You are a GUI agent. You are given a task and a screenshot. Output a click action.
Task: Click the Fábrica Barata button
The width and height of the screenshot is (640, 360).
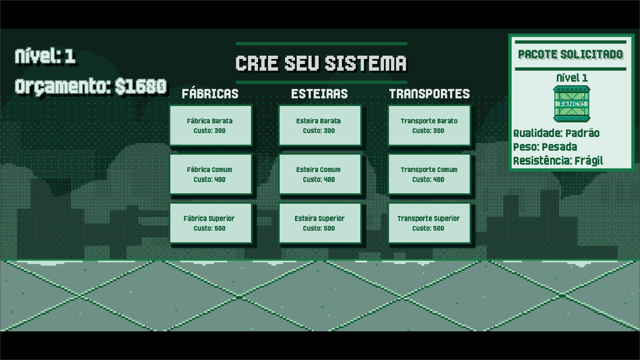[x=210, y=126]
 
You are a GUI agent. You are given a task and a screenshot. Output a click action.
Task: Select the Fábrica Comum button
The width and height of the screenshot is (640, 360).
[x=210, y=174]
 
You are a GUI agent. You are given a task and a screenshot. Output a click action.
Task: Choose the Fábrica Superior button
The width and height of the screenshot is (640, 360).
[x=210, y=223]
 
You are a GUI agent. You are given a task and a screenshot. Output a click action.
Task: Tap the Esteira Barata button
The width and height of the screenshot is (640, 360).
[x=320, y=126]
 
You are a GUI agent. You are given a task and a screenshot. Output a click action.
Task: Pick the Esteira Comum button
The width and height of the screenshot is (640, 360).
[x=320, y=174]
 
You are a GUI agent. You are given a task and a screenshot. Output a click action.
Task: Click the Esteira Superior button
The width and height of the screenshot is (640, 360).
[x=320, y=223]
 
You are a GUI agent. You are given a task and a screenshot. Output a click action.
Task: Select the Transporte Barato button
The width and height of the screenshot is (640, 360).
[x=429, y=126]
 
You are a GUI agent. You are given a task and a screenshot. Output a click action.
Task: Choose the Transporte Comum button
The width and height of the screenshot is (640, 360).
[x=429, y=174]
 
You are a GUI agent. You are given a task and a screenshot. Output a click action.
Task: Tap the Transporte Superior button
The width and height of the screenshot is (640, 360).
[x=429, y=223]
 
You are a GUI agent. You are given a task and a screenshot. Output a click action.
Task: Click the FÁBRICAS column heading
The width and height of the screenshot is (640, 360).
[x=210, y=94]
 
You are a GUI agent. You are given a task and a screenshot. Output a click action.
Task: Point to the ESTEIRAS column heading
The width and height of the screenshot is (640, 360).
[x=319, y=94]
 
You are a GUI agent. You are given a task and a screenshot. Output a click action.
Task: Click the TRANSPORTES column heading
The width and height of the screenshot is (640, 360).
[x=429, y=94]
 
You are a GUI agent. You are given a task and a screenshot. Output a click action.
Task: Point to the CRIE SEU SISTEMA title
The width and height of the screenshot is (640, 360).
[x=321, y=63]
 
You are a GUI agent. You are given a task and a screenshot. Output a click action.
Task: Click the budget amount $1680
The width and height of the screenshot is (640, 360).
[x=141, y=86]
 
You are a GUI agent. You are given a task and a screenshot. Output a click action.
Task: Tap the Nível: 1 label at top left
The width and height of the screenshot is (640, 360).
[x=45, y=56]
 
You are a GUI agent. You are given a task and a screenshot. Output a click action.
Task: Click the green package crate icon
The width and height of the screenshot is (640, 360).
[x=572, y=104]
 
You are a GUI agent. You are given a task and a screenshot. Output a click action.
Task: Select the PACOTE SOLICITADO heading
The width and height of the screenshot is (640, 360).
[x=570, y=55]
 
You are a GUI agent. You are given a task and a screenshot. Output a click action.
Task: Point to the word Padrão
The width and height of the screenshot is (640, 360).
[x=582, y=133]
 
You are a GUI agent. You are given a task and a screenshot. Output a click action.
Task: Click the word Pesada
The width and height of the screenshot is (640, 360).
[x=559, y=147]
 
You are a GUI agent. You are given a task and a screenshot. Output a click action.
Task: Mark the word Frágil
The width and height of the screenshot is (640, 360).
[x=589, y=161]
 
